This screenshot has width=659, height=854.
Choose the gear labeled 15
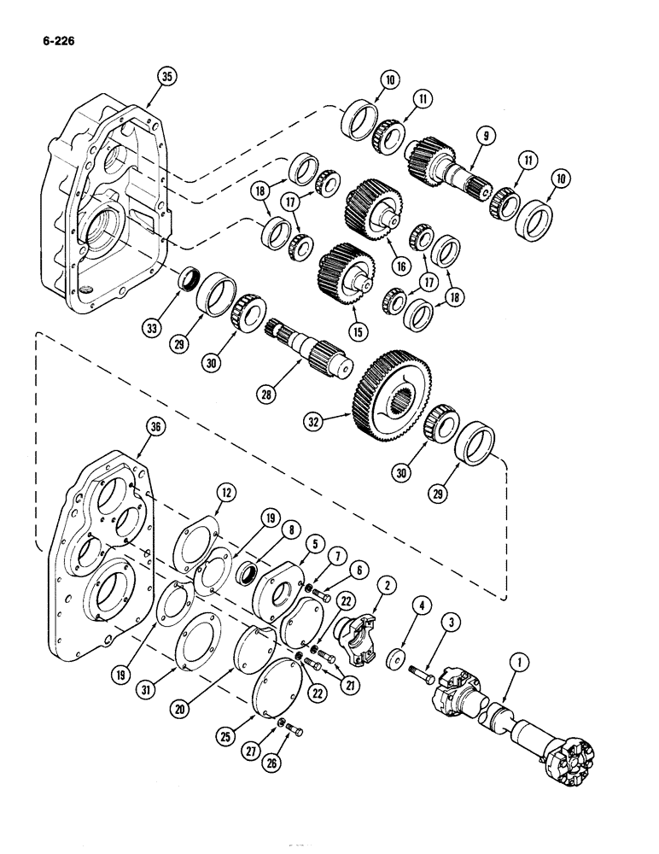347,265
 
